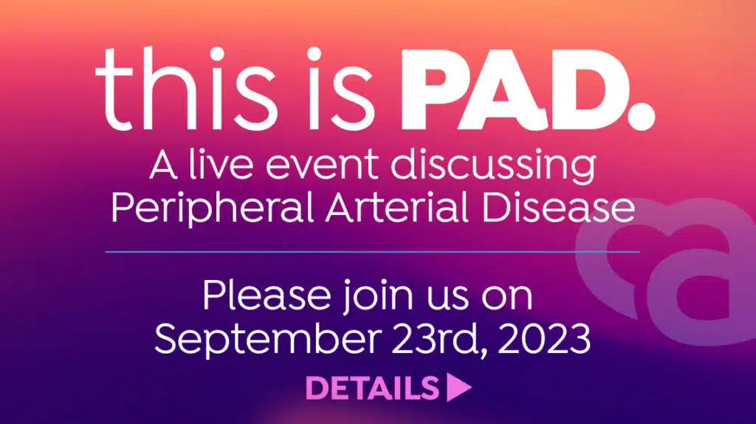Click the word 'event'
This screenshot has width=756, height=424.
[x=322, y=166]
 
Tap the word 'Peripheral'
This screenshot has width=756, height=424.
[x=213, y=208]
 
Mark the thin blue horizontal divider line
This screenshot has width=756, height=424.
[x=372, y=252]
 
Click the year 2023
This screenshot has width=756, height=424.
[x=544, y=338]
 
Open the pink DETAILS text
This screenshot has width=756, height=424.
[x=372, y=388]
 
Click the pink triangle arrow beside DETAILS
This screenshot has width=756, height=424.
[x=458, y=387]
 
